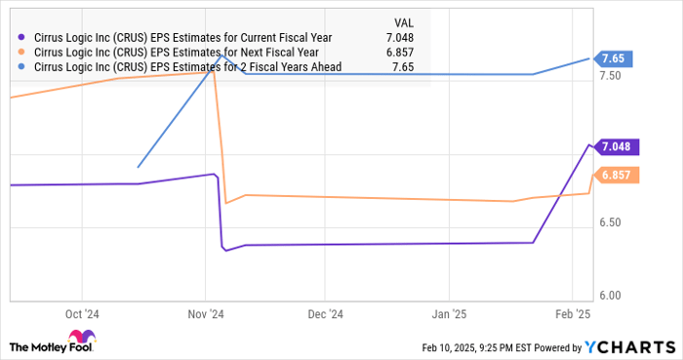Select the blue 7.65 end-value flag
(x=616, y=59)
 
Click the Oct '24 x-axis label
(x=84, y=314)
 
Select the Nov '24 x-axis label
(x=206, y=314)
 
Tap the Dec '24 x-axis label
(x=325, y=314)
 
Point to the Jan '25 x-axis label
(x=448, y=314)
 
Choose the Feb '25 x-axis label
(x=571, y=314)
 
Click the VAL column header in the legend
(x=401, y=20)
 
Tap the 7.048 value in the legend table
(x=400, y=37)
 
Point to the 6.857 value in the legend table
(x=400, y=52)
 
